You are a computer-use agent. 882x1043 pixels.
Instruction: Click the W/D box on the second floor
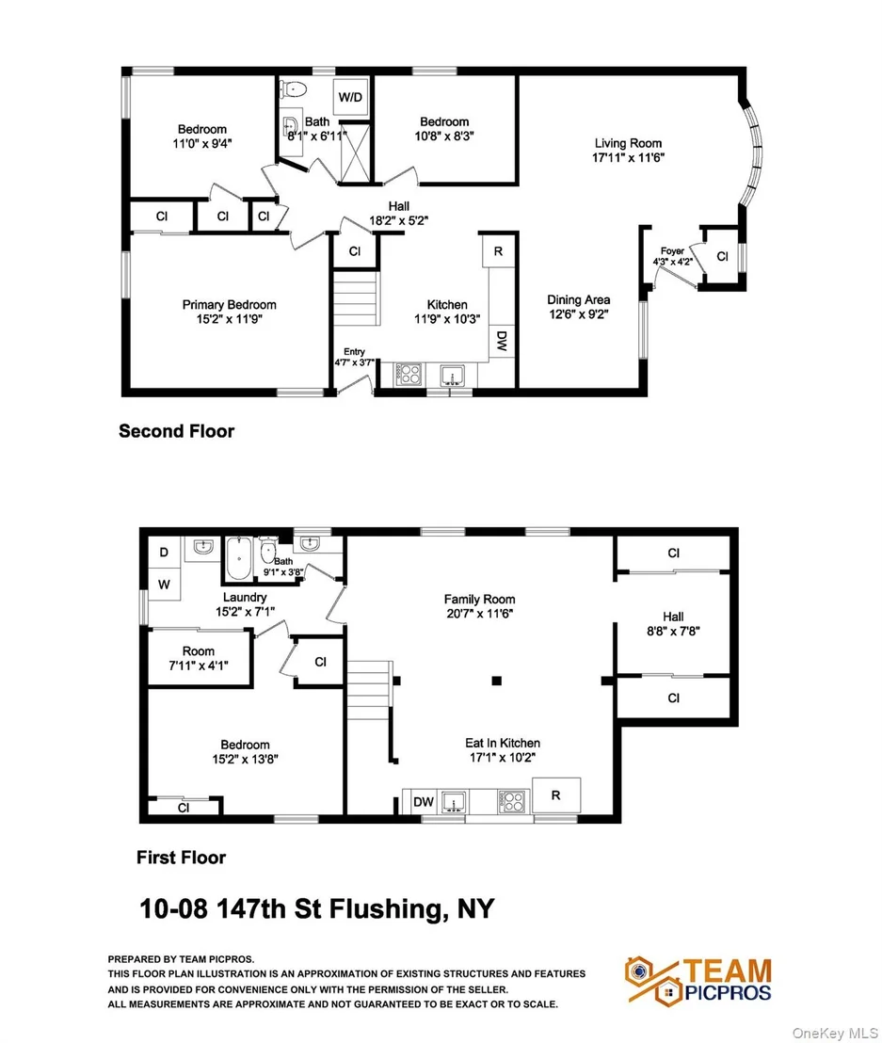point(350,97)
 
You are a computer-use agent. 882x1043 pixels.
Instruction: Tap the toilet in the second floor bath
point(292,88)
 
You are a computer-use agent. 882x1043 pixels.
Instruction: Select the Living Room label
point(628,143)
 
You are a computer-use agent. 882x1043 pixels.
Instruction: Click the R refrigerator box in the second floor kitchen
point(498,250)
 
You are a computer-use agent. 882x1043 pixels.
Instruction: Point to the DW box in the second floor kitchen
point(503,342)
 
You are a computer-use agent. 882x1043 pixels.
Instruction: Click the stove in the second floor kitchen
point(409,375)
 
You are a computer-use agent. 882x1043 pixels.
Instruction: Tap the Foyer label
point(672,250)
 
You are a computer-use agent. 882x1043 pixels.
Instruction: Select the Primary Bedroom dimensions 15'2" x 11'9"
point(230,319)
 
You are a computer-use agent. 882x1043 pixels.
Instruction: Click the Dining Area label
point(579,300)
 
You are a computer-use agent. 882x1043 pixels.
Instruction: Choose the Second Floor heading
point(176,431)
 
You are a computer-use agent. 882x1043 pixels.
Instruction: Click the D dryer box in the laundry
point(164,553)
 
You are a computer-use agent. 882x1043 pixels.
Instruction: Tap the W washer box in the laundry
point(164,585)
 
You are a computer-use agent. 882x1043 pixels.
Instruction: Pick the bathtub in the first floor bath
point(238,559)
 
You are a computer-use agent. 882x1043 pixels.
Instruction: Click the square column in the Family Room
point(496,681)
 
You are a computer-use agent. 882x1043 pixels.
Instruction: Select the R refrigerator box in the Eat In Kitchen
point(556,794)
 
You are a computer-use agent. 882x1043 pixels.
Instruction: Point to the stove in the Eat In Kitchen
point(513,801)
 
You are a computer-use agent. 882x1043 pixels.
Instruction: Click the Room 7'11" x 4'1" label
point(199,658)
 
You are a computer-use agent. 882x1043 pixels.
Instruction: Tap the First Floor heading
point(181,858)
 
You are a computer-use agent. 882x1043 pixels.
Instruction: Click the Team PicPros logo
point(698,980)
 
